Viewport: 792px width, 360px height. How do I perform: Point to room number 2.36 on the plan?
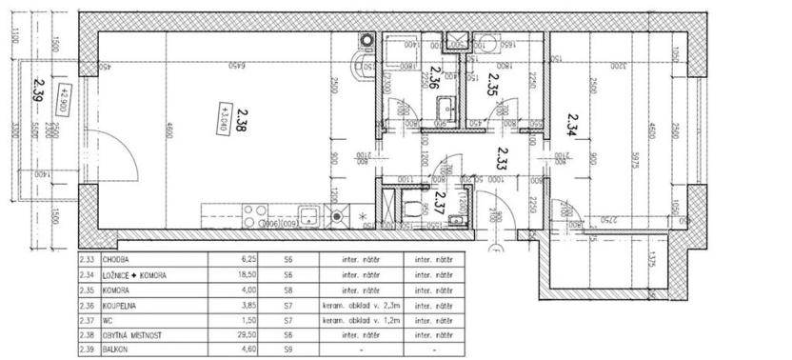[434, 78]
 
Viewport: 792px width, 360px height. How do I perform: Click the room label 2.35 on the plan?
[492, 85]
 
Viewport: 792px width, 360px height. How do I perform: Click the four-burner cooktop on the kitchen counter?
[255, 213]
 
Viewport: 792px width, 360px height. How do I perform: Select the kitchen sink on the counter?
[308, 213]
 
